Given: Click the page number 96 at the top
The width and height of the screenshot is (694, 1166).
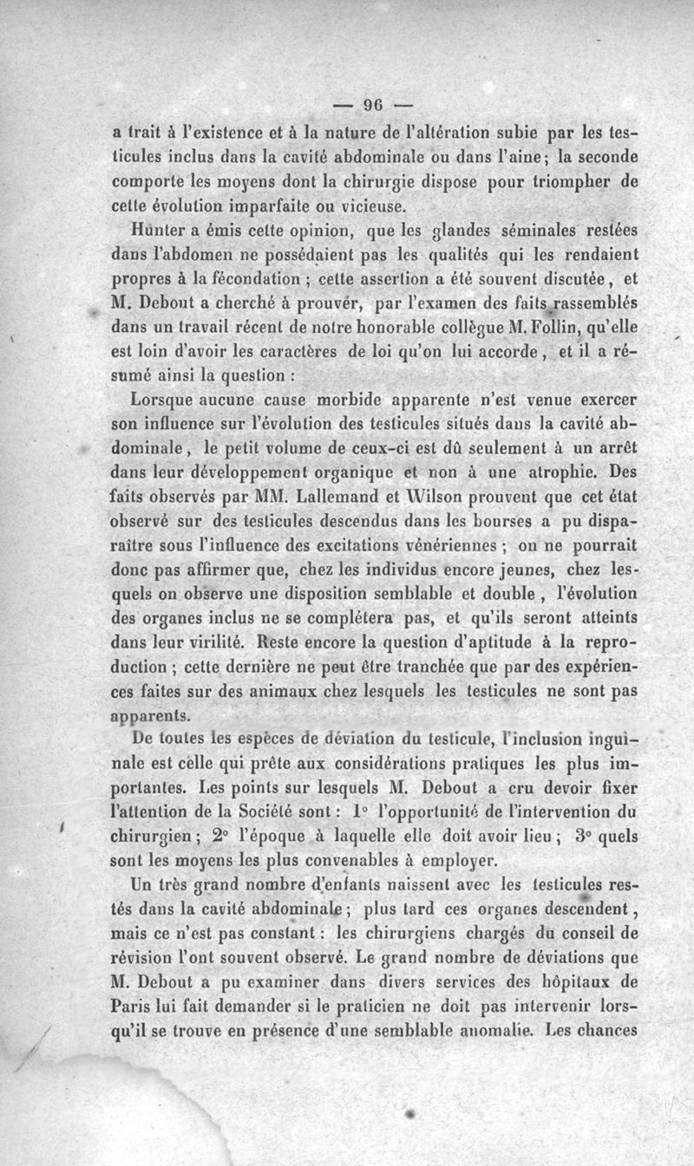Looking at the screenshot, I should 373,105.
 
